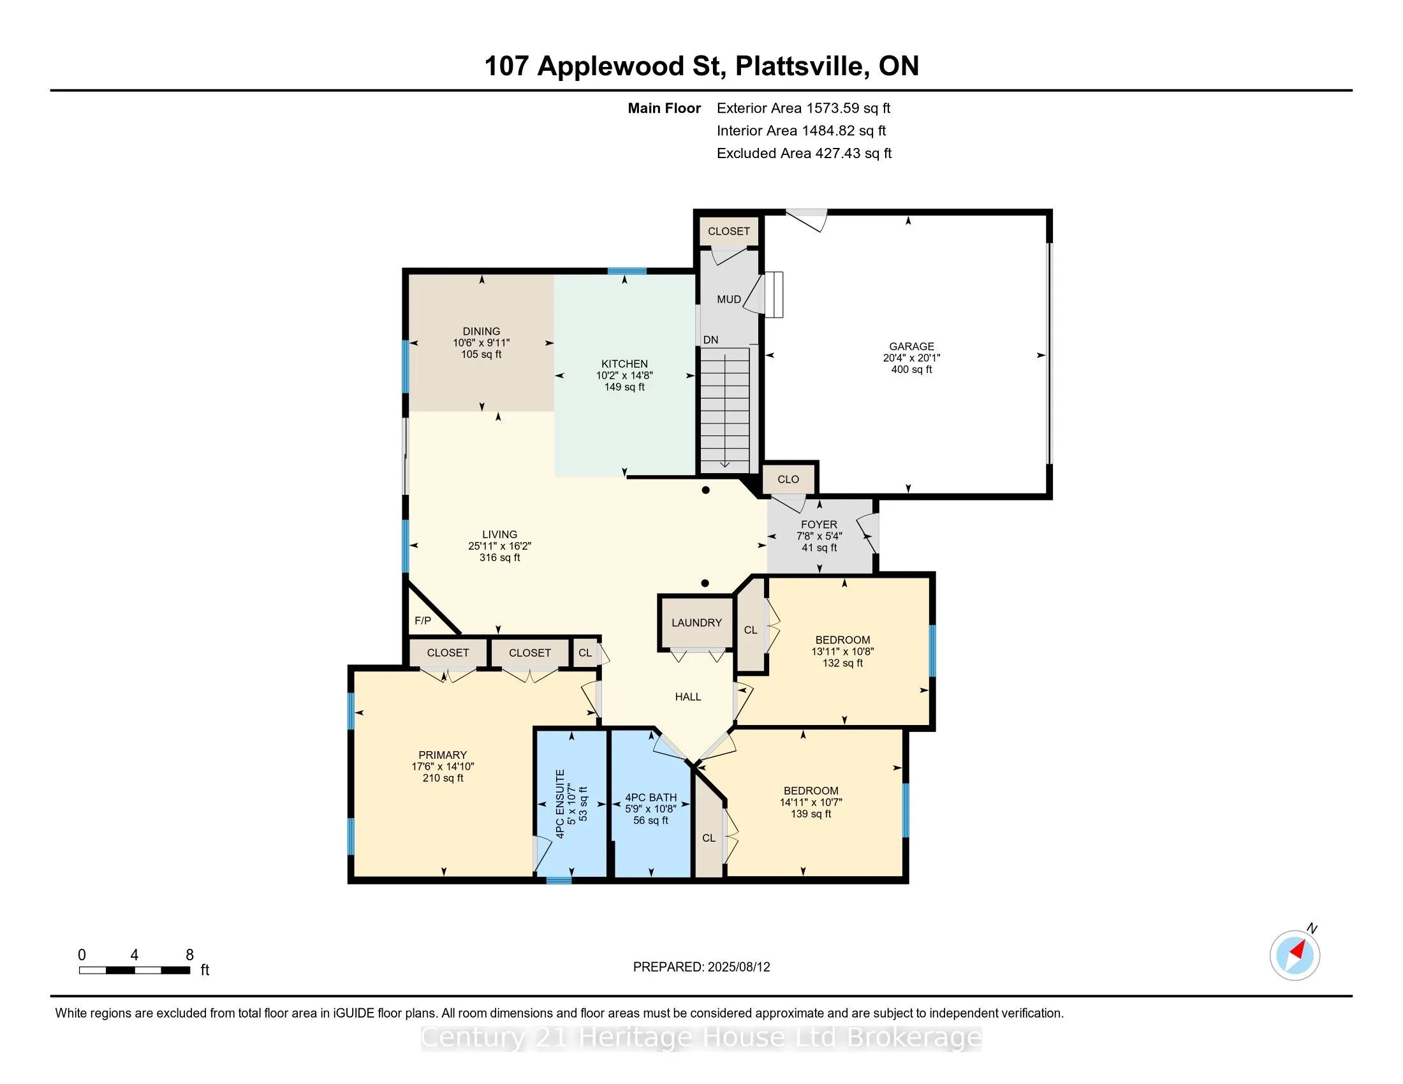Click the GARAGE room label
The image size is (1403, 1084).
[911, 346]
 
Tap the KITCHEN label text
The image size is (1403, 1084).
[624, 363]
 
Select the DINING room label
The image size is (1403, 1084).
[481, 332]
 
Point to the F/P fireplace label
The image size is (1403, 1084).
[423, 620]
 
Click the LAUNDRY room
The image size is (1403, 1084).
[696, 622]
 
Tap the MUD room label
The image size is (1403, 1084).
[728, 299]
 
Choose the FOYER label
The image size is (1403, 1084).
[819, 525]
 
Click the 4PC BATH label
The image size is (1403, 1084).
[650, 798]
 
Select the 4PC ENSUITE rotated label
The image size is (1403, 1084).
[560, 803]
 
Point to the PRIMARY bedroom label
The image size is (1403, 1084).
[443, 755]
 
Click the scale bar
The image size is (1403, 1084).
[135, 970]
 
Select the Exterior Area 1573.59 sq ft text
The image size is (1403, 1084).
[804, 108]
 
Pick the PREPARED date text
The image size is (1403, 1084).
[701, 967]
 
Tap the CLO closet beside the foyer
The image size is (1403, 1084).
[788, 479]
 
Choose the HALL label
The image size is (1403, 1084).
[688, 697]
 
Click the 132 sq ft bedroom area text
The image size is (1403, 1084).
[843, 663]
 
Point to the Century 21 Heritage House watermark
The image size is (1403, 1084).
[701, 1037]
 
